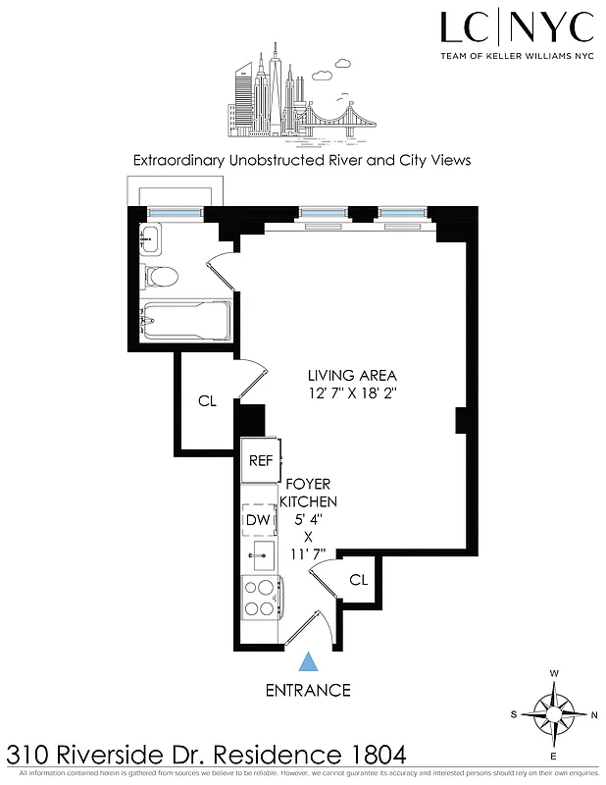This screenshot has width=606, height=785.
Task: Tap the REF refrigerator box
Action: (260, 461)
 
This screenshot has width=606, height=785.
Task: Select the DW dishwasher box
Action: (257, 520)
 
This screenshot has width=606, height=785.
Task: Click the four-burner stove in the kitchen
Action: (261, 598)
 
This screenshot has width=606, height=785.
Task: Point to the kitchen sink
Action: (261, 555)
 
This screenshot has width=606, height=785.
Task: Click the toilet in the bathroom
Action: (159, 277)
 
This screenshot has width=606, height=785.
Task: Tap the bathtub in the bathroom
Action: (184, 319)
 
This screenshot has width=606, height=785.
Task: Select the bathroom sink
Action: (151, 237)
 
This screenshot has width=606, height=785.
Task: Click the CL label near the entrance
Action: (359, 580)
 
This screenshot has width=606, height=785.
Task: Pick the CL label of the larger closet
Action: (207, 400)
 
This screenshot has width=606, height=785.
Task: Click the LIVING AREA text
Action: (352, 375)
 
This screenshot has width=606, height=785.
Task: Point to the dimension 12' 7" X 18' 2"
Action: (352, 392)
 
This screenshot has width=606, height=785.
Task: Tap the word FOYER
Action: (308, 484)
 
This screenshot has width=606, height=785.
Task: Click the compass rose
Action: (555, 712)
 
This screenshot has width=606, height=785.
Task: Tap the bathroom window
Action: (176, 211)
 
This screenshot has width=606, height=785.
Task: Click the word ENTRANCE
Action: (308, 690)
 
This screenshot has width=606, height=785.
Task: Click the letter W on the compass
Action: (555, 673)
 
